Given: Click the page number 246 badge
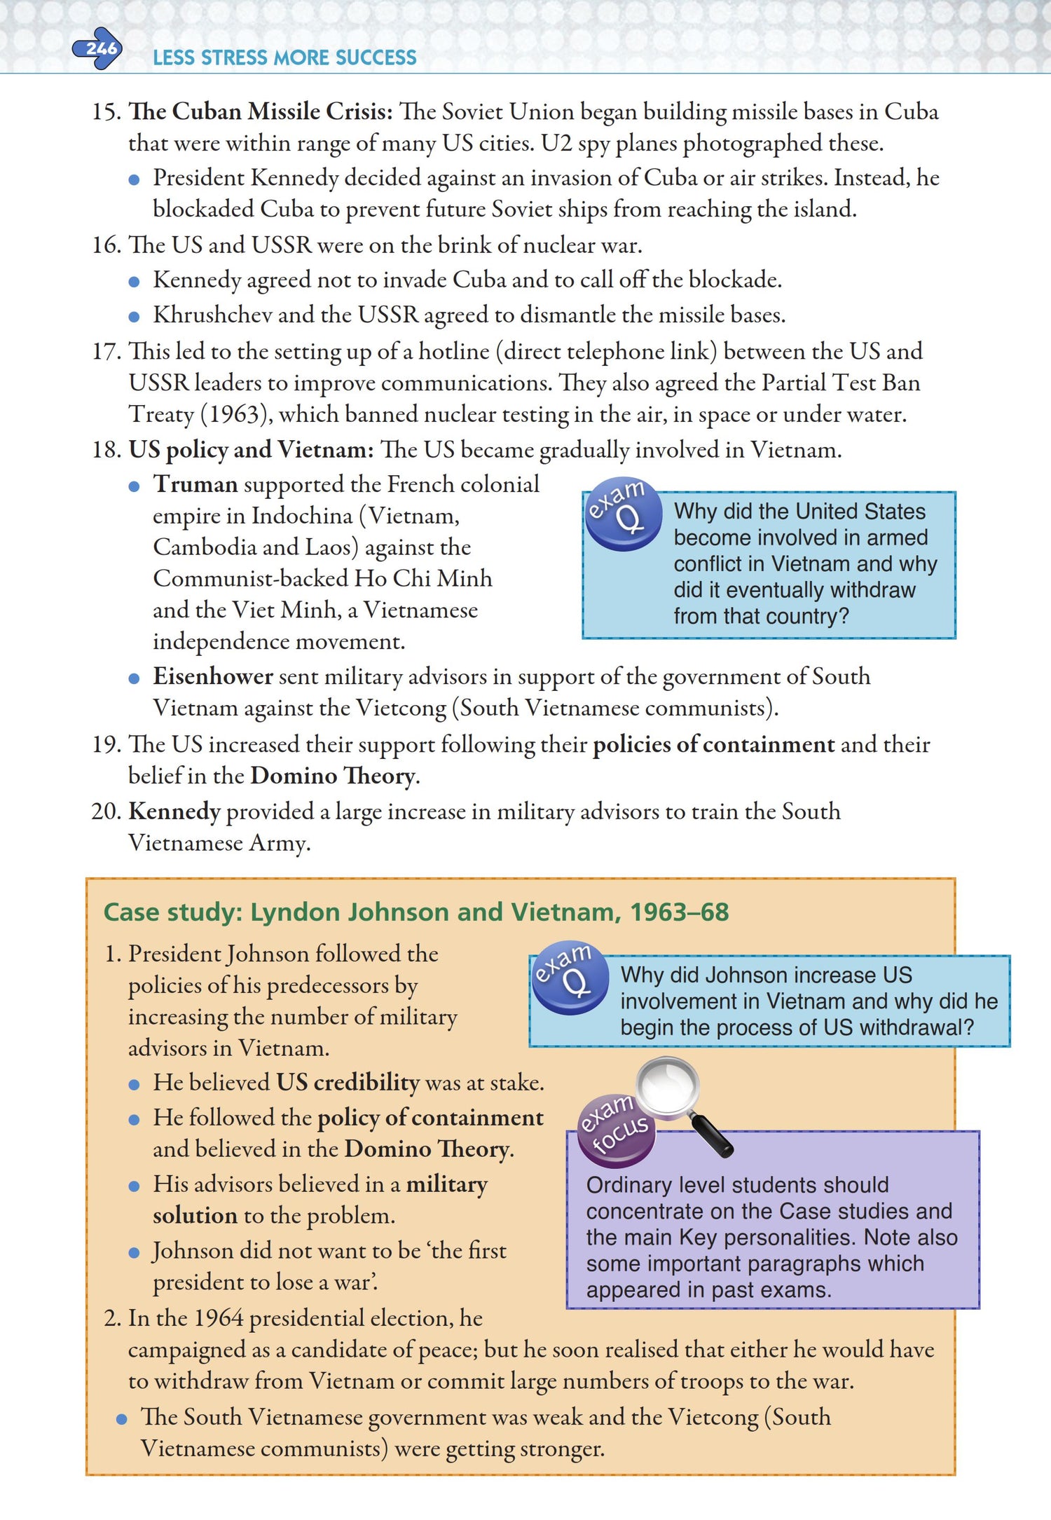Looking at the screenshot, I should [99, 48].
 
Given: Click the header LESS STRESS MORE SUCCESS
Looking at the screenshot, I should [284, 57].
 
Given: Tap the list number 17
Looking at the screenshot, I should [106, 351].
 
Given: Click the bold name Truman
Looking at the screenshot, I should [195, 484].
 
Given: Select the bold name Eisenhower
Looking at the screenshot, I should [213, 676].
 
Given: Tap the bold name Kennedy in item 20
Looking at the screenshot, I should [174, 812].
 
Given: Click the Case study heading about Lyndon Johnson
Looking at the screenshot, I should [416, 912].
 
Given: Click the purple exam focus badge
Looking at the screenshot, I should [616, 1128].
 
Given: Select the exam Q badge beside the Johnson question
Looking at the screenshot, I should [570, 976].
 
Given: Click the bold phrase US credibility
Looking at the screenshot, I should [348, 1083].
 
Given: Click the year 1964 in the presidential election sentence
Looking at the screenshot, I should [219, 1318].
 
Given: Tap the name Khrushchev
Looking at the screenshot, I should [212, 315].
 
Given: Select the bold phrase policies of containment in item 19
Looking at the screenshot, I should [714, 744].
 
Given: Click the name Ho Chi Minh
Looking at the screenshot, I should [423, 578].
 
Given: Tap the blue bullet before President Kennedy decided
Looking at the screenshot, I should [135, 179].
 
